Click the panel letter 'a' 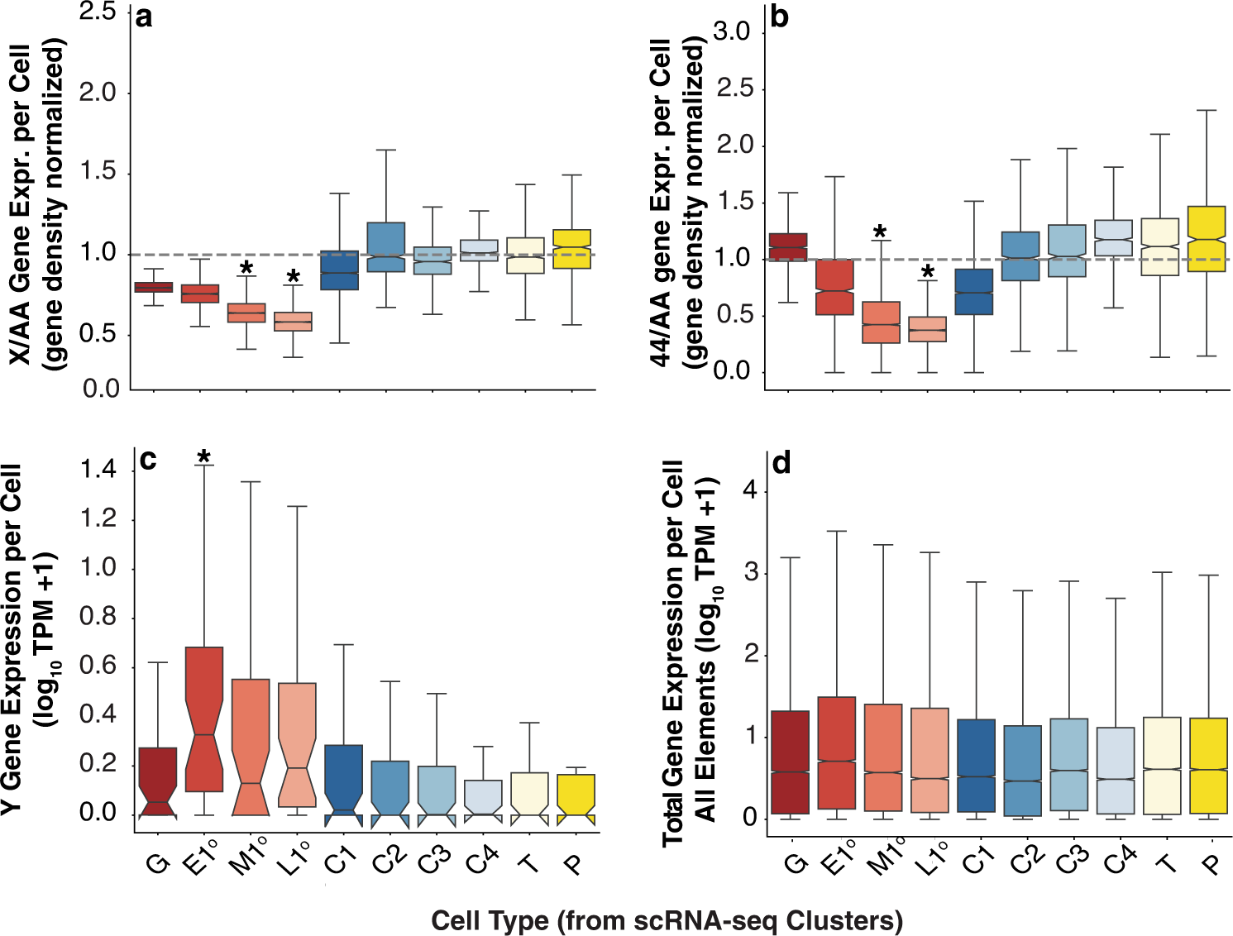144,17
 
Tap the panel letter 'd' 781,464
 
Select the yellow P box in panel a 572,249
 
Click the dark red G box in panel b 788,247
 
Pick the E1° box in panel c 204,719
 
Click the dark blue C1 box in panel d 976,765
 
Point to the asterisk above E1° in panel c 204,457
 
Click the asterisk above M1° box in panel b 881,233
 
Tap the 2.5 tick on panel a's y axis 98,12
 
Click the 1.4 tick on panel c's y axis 98,470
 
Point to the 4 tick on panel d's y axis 750,490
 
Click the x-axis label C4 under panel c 480,860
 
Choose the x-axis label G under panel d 795,862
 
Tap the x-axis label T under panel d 1166,862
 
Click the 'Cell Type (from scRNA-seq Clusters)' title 667,920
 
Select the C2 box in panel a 385,247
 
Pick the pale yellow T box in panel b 1159,247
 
